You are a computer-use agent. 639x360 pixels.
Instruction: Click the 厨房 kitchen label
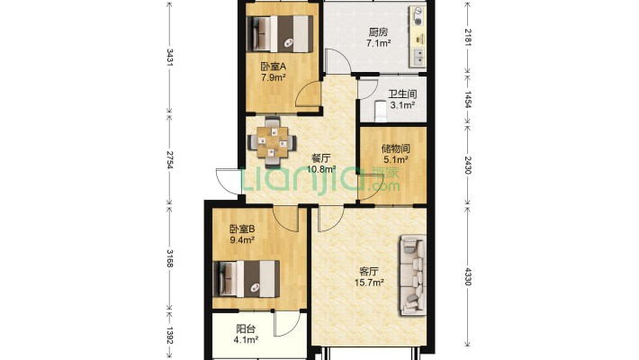[378, 31]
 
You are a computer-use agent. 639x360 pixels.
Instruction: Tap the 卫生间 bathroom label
[402, 94]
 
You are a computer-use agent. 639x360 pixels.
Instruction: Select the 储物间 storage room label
[396, 148]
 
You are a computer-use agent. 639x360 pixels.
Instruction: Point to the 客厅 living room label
[369, 271]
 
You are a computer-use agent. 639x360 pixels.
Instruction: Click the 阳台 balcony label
[246, 328]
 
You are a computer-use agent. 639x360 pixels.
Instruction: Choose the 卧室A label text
[274, 66]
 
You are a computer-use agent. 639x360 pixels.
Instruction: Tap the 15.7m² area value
[369, 282]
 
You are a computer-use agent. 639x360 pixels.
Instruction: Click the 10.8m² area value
[321, 169]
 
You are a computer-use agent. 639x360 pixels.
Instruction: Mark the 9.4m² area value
[242, 239]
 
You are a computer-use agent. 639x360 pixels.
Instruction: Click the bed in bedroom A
[280, 34]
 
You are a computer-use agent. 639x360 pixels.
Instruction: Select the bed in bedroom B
[247, 279]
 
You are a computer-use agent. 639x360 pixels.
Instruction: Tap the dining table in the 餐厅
[272, 142]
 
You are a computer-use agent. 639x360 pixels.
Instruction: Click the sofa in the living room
[413, 275]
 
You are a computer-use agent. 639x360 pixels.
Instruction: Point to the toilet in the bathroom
[380, 112]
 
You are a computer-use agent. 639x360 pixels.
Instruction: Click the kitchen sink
[418, 57]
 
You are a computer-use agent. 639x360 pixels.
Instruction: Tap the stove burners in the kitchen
[418, 15]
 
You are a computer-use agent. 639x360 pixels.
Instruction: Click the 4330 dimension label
[468, 276]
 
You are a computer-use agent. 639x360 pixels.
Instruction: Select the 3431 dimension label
[170, 58]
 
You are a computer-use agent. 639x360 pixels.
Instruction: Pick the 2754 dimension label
[170, 159]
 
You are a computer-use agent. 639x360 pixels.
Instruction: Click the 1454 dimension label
[468, 100]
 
